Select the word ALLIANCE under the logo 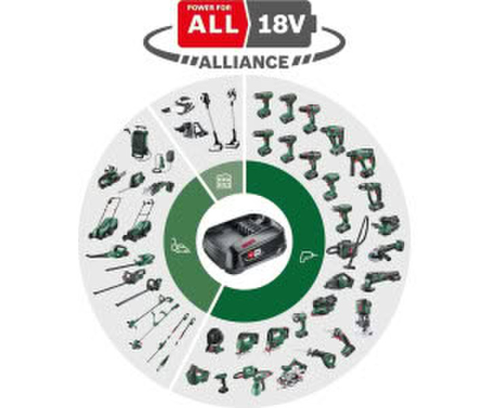[244, 62]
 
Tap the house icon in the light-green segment [221, 179]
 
